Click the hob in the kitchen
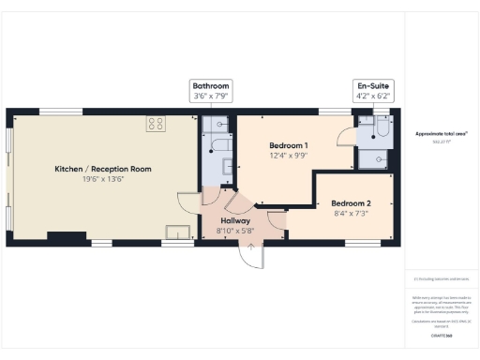156,122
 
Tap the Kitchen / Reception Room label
102,169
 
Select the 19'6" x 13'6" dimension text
102,179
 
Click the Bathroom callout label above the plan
211,85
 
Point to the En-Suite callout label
372,85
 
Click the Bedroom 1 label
289,146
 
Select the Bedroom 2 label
351,203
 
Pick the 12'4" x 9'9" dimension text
289,157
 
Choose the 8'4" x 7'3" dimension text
351,214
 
